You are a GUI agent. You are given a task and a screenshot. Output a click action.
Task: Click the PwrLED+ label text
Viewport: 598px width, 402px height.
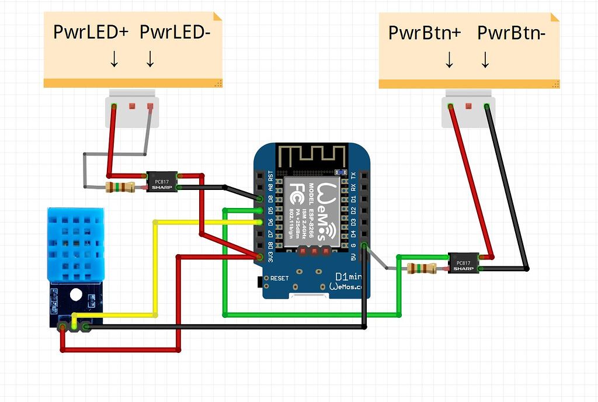[x=90, y=32]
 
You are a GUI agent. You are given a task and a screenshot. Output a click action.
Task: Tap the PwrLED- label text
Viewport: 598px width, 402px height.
[x=175, y=32]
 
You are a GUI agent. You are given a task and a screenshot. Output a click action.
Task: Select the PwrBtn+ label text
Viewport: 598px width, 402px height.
[x=425, y=33]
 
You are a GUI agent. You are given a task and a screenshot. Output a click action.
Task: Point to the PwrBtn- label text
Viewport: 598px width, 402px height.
[x=512, y=33]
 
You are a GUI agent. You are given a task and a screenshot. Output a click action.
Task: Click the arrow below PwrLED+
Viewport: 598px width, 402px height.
[x=114, y=58]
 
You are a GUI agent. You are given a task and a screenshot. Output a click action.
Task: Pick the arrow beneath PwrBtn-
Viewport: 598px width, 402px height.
[x=485, y=60]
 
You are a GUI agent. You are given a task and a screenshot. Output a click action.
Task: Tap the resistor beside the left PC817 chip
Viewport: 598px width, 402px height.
[x=120, y=187]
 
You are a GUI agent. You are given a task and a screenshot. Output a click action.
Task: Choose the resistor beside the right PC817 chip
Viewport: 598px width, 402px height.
[x=422, y=268]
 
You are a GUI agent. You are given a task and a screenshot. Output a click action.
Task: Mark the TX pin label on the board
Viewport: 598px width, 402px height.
[x=353, y=175]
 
